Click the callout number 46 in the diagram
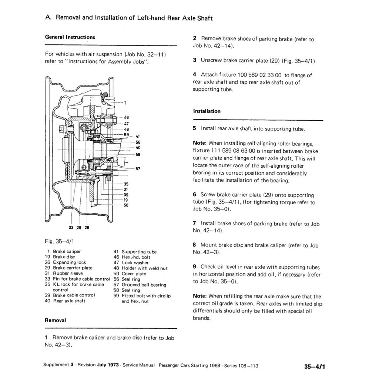(126, 117)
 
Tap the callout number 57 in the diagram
(137, 169)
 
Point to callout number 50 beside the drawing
(126, 205)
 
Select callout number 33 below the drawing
(71, 228)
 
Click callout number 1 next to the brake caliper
(125, 103)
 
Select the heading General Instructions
(70, 37)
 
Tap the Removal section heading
(55, 320)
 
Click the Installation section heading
(207, 111)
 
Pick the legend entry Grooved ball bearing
(144, 285)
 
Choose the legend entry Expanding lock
(69, 262)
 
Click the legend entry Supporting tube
(139, 252)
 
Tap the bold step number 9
(195, 266)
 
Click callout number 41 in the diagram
(137, 136)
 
